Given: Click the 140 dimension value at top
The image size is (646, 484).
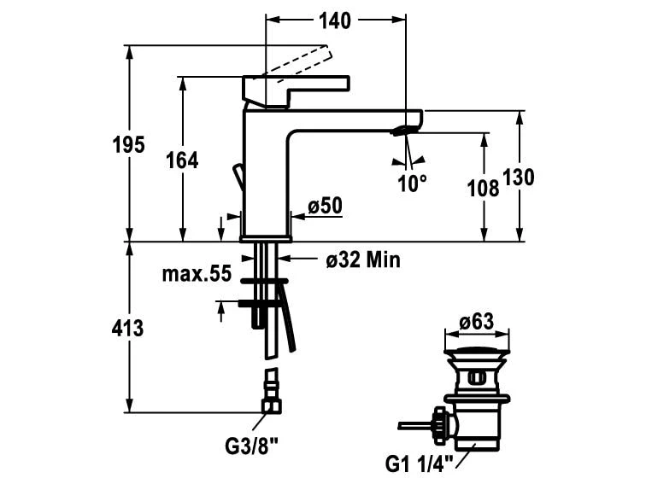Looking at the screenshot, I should coord(335,21).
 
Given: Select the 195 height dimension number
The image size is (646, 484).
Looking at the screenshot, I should coord(129,145).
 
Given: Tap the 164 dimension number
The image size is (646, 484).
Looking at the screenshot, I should coord(182,160).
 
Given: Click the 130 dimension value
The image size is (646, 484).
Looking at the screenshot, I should coord(518,177).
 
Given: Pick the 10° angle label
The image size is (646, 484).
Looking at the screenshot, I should coord(412,183).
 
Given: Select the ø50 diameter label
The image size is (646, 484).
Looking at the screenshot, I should coord(325,206).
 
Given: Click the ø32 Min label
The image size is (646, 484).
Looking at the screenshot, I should coord(362,259).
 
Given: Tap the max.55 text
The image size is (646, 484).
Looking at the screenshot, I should coord(197,274).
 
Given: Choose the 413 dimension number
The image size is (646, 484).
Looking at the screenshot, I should coord(127,328).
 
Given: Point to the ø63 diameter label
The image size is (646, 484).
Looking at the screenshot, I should coord(477,322).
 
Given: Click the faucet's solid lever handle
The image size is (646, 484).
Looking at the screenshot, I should coord(295,88).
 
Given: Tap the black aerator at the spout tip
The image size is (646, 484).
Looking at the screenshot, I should coord(404,130).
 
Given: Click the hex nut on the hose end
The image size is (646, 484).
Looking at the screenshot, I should coord(272,405).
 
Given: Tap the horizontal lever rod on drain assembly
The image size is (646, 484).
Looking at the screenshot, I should coord(416,424).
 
